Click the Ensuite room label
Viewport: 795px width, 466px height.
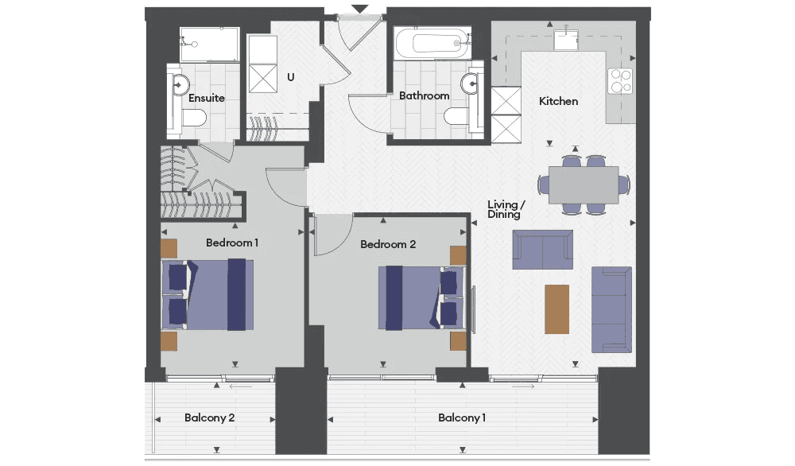207,98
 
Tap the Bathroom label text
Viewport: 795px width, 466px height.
424,96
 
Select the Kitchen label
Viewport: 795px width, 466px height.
558,102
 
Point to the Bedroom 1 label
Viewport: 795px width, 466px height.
232,243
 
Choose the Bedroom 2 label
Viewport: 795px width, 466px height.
388,244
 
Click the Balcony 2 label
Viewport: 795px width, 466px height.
209,417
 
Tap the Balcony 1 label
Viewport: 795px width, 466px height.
462,417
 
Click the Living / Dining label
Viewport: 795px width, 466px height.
506,209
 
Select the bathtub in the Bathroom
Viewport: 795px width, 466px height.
433,43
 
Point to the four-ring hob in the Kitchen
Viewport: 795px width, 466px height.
621,81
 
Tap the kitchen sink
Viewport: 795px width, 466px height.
566,40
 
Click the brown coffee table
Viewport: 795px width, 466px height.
556,309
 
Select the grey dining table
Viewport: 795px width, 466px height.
584,185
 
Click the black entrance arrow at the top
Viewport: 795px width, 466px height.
359,9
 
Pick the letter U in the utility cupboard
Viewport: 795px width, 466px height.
290,77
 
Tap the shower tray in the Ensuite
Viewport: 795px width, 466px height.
209,45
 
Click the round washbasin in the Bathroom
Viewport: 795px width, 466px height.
471,83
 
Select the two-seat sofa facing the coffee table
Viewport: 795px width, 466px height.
542,250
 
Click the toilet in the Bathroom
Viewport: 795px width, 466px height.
456,116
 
